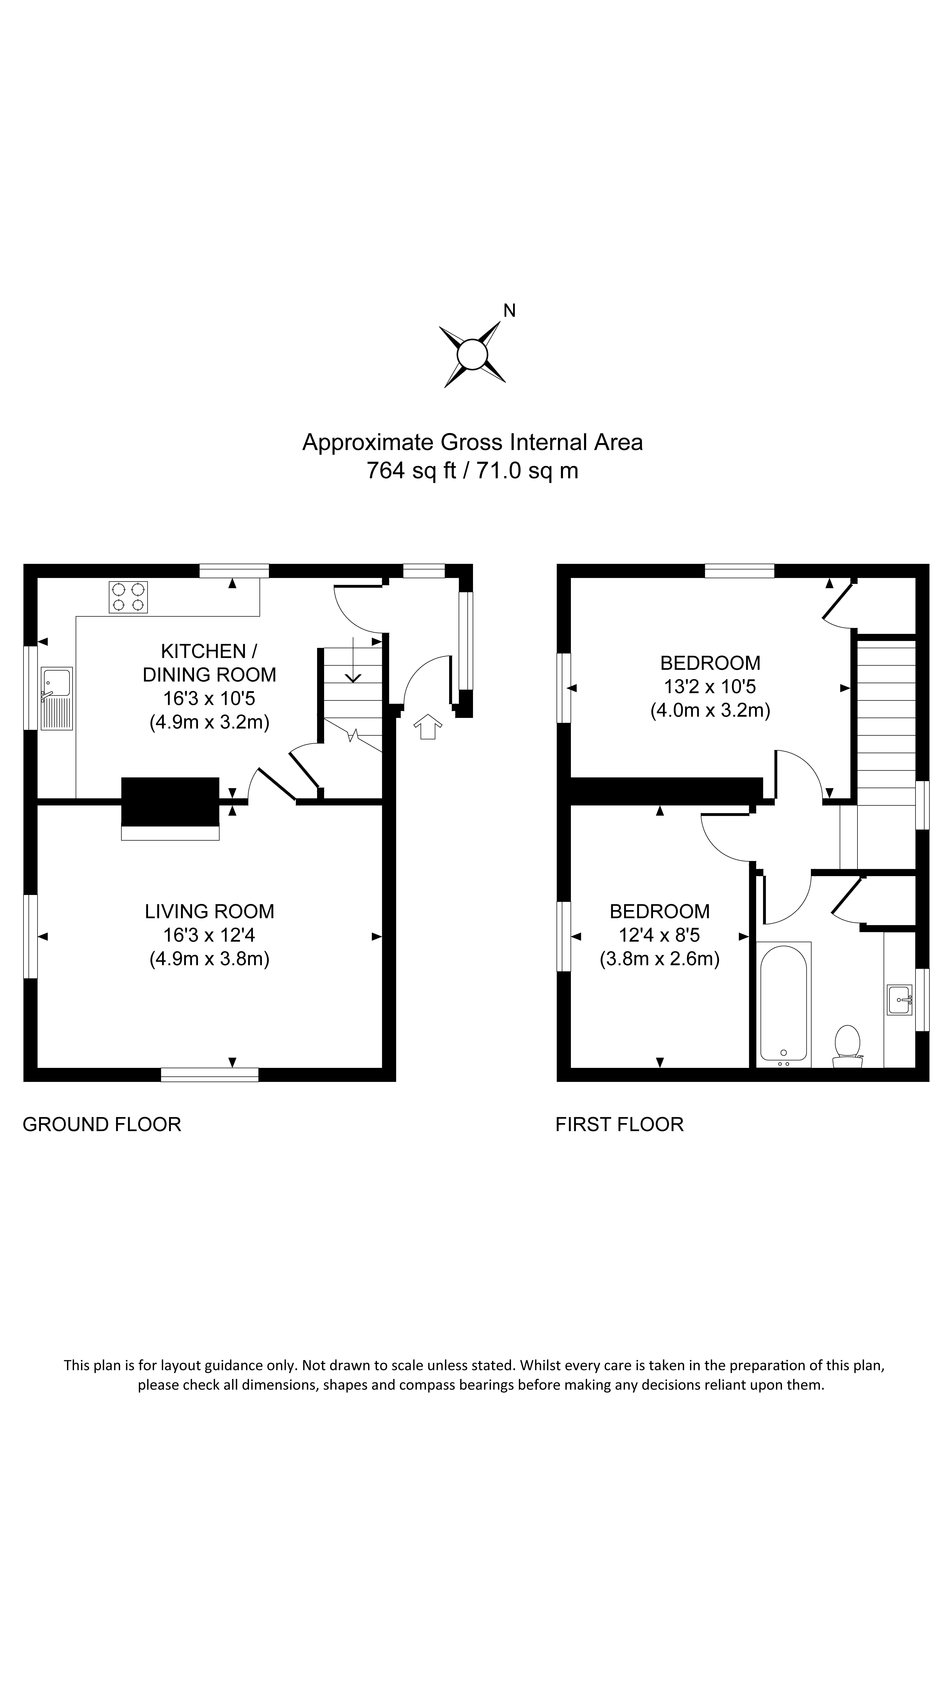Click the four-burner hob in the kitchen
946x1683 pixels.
pos(128,597)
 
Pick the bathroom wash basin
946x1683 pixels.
pos(899,1000)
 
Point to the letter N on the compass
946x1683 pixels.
pos(509,311)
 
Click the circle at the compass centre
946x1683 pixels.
pos(472,355)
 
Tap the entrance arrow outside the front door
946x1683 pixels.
pos(428,726)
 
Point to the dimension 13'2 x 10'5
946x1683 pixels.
pos(710,686)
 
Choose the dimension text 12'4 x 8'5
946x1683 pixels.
pos(659,935)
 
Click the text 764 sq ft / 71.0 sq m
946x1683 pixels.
pos(472,470)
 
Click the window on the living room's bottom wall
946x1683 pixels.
pos(210,1074)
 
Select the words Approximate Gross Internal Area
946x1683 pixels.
pos(472,442)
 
